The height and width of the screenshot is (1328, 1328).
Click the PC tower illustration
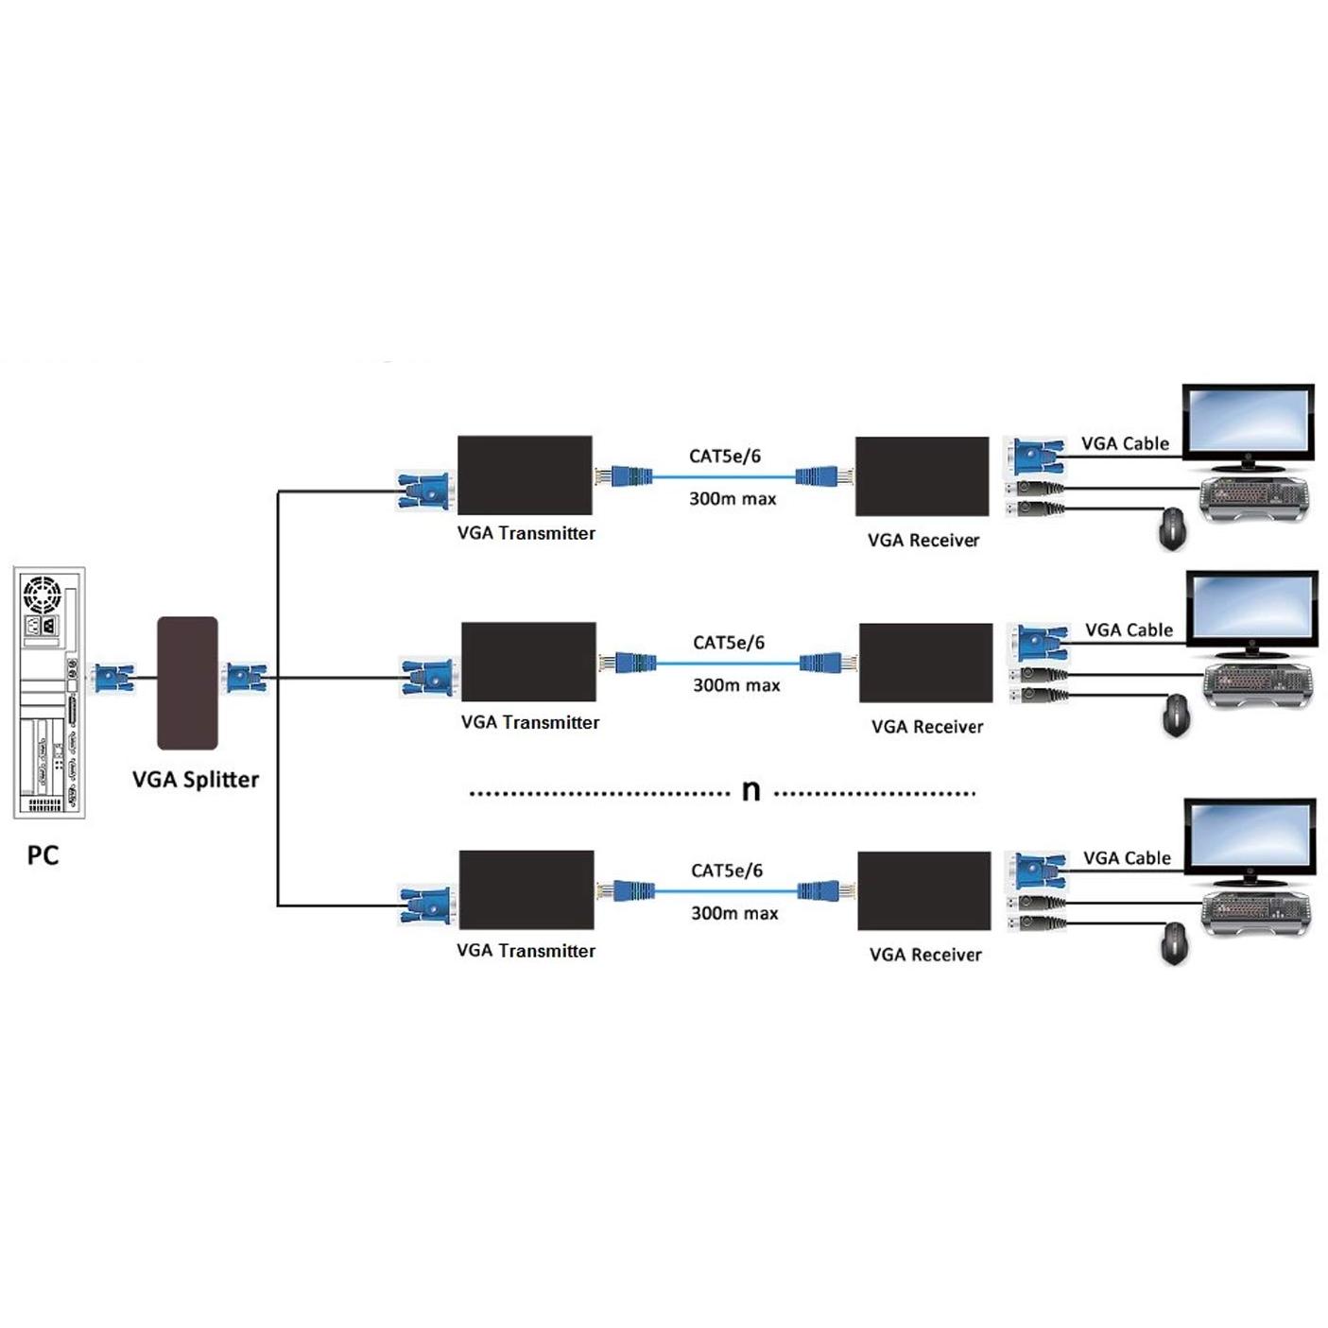49,692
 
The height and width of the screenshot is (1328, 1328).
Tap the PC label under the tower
43,855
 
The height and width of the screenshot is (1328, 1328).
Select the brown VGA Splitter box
187,682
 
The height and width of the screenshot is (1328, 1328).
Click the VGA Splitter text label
195,780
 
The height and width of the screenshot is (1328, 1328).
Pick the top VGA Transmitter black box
525,475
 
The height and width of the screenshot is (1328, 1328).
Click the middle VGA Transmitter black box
528,662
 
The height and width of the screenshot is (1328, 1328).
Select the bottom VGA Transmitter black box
526,889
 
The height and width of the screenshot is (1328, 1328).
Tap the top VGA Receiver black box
922,476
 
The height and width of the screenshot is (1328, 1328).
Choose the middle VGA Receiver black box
925,663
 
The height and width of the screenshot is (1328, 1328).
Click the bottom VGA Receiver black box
923,890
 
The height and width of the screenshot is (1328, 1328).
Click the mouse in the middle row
1176,715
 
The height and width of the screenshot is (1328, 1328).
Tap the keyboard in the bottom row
1257,911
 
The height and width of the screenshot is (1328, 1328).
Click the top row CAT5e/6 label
725,456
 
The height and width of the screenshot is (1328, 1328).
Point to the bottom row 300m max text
734,913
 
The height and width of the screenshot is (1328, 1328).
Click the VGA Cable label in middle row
1129,630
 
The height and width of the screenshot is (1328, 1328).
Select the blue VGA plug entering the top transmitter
423,492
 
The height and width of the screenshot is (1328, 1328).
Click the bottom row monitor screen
1250,836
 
